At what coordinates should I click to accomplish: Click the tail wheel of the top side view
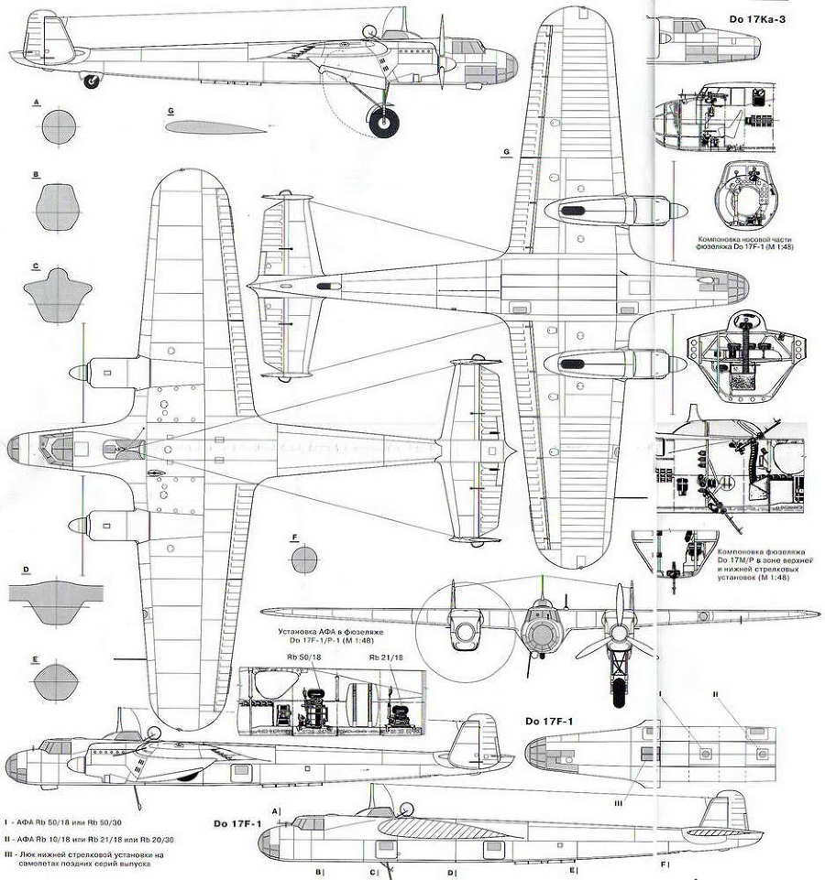pos(91,82)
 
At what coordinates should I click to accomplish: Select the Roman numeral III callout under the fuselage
pos(644,802)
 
